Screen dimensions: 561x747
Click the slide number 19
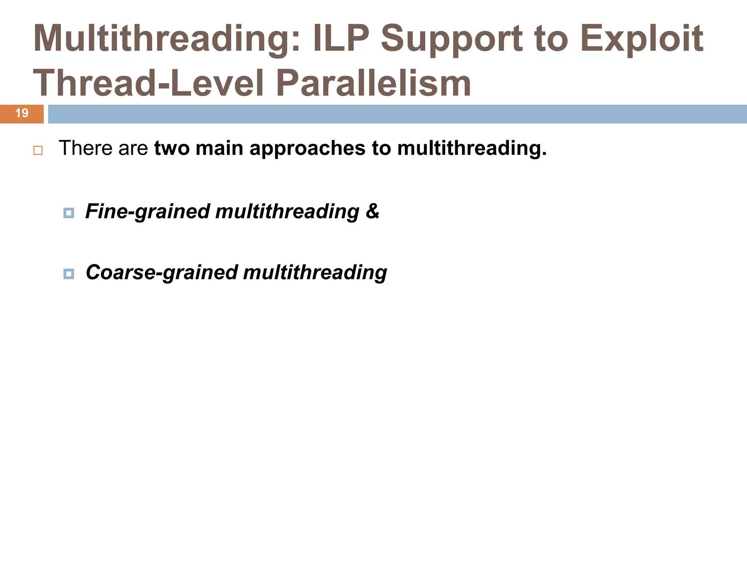[22, 113]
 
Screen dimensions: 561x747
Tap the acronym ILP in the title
[341, 39]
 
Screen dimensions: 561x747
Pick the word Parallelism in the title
[373, 83]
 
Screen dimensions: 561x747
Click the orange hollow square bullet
[38, 150]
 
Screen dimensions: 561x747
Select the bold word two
[171, 148]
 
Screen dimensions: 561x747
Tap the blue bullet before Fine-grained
[69, 213]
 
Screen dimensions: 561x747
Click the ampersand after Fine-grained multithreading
[372, 211]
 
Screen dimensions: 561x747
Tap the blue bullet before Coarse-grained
[69, 274]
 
